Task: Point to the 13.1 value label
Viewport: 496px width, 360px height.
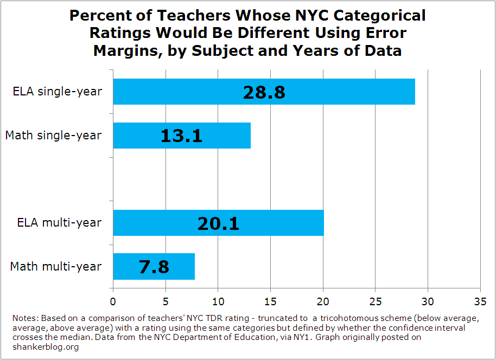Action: coord(181,136)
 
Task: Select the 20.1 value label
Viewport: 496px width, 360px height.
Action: coord(218,223)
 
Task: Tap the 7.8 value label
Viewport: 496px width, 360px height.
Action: coord(154,266)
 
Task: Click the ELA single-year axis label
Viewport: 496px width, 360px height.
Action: coord(57,92)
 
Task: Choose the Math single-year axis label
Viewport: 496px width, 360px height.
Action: coord(53,136)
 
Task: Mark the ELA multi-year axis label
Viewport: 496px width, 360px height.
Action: coord(59,223)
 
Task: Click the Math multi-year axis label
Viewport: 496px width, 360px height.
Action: coord(56,266)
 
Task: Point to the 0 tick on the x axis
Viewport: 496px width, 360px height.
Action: coord(113,300)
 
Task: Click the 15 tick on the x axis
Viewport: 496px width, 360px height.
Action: coord(271,300)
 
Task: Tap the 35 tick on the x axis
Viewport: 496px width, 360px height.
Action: coord(480,300)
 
